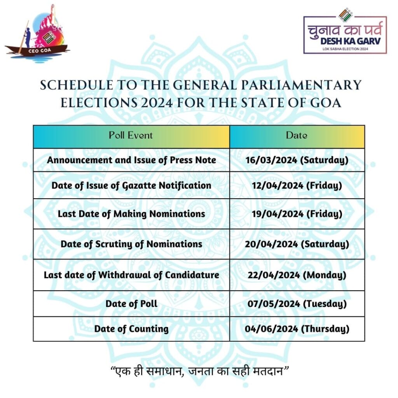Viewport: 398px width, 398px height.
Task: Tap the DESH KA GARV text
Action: coord(350,41)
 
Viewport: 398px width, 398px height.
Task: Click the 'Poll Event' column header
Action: coord(131,135)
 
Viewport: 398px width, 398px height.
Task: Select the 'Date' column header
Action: coord(297,135)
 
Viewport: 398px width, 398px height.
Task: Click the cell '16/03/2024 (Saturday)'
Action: coord(297,160)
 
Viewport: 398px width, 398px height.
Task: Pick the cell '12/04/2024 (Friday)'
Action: coord(297,185)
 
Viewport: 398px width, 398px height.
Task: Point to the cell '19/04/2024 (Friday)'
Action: coord(297,214)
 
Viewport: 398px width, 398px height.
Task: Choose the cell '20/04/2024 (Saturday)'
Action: coord(297,244)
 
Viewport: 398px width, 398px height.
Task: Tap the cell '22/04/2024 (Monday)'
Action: coord(297,275)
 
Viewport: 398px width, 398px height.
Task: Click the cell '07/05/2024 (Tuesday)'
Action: coord(297,304)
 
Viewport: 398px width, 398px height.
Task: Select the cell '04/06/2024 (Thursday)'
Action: coord(297,329)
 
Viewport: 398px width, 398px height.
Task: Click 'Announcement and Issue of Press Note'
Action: coord(131,160)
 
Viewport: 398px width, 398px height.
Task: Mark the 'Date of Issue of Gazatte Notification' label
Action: coord(131,185)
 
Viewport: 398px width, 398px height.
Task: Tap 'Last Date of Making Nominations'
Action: coord(131,214)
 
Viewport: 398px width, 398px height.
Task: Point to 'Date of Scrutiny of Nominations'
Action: coord(131,244)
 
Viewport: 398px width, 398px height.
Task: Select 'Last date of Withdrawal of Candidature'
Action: coord(131,275)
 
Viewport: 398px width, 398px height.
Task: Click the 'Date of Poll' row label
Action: coord(131,304)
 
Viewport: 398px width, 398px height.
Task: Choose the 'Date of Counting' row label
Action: coord(131,329)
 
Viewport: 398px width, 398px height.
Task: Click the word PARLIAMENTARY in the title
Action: coord(301,85)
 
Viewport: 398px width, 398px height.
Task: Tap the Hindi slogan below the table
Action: coord(200,372)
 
